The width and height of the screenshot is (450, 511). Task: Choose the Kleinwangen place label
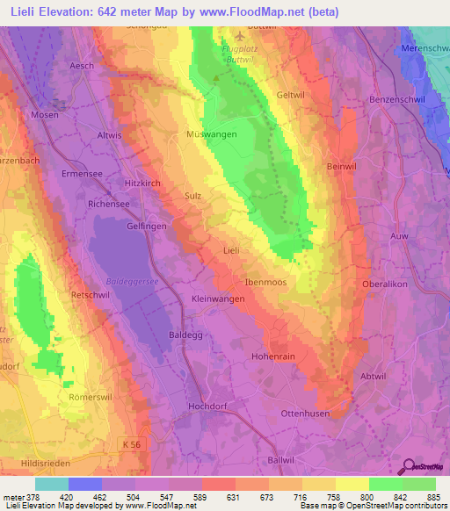(x=219, y=299)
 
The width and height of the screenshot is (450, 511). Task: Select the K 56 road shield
(x=131, y=445)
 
